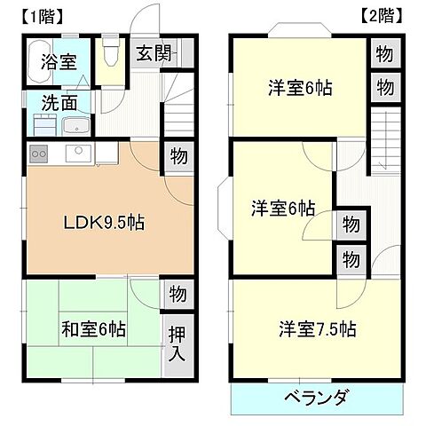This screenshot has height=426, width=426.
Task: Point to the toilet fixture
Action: [x=111, y=55]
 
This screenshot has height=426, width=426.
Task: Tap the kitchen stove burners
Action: [x=39, y=154]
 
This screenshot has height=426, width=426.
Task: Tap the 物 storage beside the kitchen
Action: [x=177, y=157]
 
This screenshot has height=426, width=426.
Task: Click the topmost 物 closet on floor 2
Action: [x=383, y=55]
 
